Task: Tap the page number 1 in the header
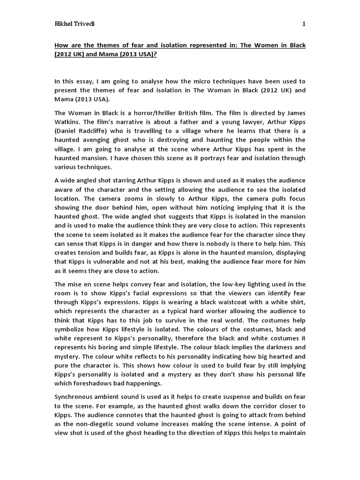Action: pos(304,24)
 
